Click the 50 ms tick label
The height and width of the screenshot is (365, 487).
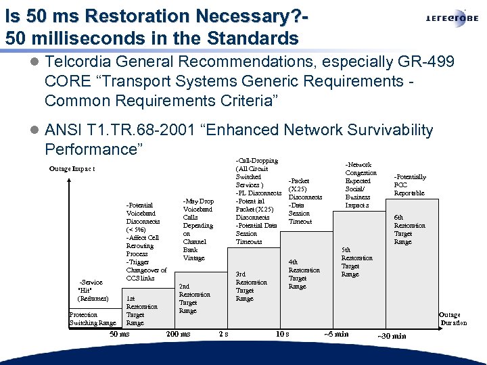[120, 334]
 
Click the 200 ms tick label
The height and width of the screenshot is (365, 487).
[178, 334]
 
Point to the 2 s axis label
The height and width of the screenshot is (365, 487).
[224, 334]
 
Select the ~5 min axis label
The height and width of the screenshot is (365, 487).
[336, 334]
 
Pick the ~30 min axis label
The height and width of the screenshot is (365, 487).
[392, 336]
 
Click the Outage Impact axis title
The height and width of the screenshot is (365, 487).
[72, 168]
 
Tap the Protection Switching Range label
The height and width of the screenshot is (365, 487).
[93, 319]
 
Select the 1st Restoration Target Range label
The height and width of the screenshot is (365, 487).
[141, 310]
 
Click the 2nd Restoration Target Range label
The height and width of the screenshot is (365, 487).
[194, 298]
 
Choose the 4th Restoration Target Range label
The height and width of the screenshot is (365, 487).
[304, 274]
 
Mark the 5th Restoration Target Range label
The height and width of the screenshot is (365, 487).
[356, 262]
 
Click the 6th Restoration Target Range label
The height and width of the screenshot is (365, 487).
[409, 229]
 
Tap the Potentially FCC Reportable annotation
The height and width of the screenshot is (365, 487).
[409, 185]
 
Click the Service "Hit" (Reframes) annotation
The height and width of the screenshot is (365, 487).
[92, 290]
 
